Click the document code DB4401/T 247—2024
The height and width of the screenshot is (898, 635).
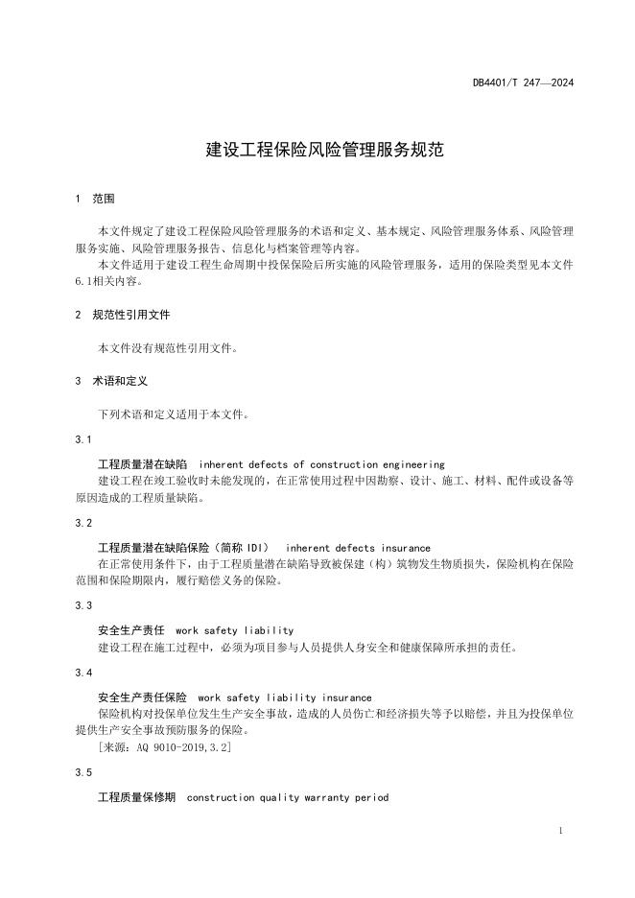tap(523, 83)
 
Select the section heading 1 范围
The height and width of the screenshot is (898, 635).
tap(95, 199)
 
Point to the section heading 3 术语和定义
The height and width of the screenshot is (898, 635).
tap(111, 381)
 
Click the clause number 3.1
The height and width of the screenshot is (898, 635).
tap(83, 439)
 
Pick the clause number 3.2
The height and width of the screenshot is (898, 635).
tap(83, 523)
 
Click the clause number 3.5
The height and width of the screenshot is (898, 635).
tap(83, 772)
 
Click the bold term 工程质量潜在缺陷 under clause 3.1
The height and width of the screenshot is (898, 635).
tap(144, 463)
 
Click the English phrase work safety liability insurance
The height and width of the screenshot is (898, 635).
tap(284, 697)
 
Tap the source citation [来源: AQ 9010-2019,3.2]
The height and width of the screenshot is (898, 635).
tap(165, 746)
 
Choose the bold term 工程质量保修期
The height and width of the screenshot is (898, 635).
tap(137, 797)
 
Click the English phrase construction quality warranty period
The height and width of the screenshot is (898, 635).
tap(288, 797)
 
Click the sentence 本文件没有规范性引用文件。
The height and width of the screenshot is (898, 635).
tap(168, 348)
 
